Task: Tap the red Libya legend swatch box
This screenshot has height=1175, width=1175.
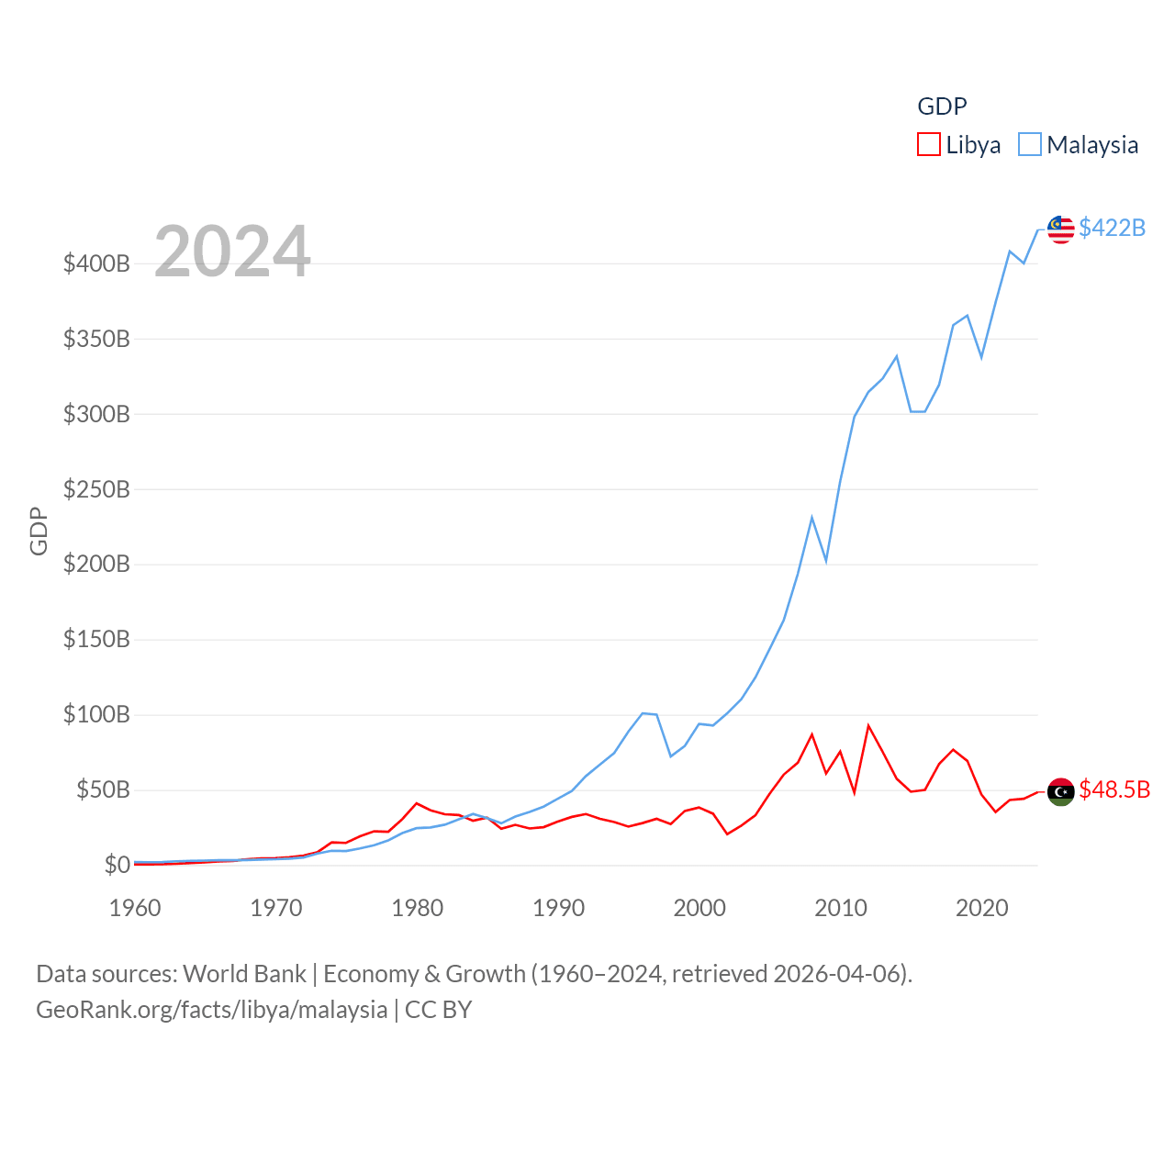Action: point(929,145)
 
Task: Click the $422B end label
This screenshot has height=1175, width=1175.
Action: point(1112,228)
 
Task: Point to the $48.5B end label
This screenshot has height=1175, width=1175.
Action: point(1114,789)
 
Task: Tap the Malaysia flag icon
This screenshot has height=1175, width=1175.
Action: point(1061,229)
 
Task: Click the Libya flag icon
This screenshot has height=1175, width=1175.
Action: point(1061,791)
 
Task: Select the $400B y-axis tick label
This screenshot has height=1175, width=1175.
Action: point(96,264)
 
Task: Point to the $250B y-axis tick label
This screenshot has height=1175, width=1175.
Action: point(96,489)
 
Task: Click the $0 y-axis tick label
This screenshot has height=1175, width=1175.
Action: point(117,865)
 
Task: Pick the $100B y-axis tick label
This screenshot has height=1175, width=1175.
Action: point(96,714)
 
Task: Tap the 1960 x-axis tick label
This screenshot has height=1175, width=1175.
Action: point(135,908)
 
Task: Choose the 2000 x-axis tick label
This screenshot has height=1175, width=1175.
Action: point(699,908)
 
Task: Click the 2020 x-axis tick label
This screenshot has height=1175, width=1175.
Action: point(982,908)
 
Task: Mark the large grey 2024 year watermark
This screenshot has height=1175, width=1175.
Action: point(232,251)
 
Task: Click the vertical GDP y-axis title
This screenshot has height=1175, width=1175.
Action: point(39,531)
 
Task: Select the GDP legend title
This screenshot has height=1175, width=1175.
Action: point(942,106)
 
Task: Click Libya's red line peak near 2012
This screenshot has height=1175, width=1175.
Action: point(868,726)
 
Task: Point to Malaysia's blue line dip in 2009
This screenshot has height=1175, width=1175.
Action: point(826,559)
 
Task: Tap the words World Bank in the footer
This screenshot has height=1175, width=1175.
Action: point(244,974)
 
